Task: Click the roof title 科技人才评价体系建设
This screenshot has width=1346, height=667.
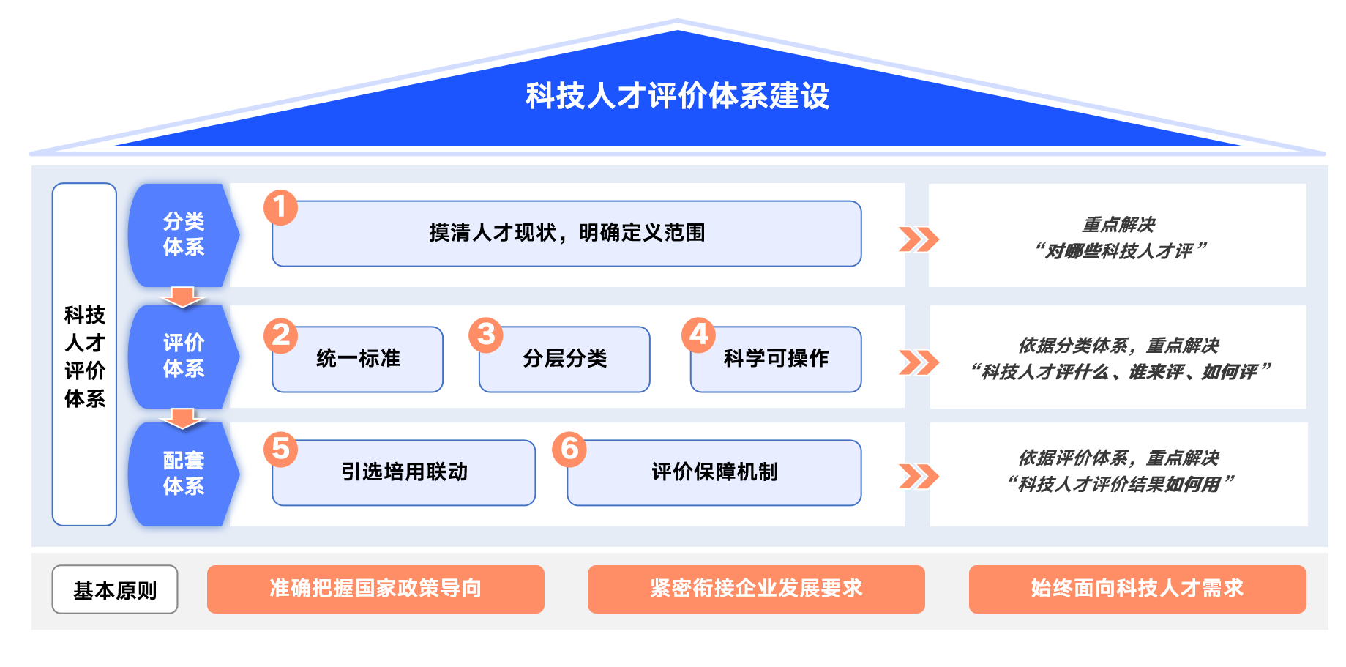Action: coord(677,96)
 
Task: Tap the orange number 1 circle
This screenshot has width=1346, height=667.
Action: coord(281,207)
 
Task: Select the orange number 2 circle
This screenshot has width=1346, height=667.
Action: coord(281,335)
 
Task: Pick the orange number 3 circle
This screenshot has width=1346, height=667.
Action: coord(486,335)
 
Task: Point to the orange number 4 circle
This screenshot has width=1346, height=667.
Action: coord(699,335)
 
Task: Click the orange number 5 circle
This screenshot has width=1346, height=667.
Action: coord(281,449)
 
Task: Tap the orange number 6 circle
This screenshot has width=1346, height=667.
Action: coord(569,449)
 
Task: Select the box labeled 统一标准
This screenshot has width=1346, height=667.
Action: coord(358,359)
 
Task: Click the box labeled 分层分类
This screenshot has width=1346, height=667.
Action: coord(564,359)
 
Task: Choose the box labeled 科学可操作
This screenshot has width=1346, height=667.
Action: coord(776,359)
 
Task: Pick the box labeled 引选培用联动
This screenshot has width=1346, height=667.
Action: coord(404,473)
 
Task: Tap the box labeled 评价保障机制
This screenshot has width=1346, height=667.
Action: coord(714,473)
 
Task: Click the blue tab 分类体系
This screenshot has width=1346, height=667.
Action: coord(183,234)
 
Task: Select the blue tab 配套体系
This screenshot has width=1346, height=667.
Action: coord(183,474)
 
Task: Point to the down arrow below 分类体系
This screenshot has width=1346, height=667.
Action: coord(182,297)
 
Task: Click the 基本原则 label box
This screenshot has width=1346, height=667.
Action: coord(115,589)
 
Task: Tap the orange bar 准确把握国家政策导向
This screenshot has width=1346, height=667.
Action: coord(375,589)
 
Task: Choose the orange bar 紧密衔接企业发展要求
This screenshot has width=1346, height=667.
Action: coord(756,589)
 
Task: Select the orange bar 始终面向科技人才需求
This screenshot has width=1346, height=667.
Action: coord(1137,589)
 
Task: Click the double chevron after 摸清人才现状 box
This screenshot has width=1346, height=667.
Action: coord(919,239)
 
